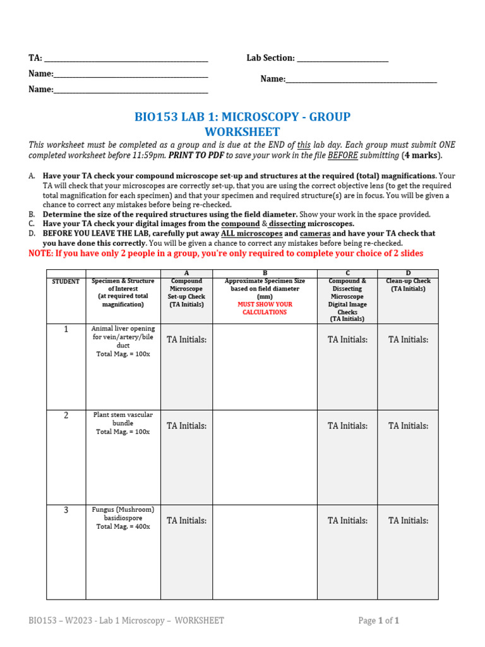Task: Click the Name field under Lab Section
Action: (x=361, y=80)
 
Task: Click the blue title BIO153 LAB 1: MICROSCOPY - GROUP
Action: (x=242, y=117)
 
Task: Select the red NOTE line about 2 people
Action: (x=226, y=253)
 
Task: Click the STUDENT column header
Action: (x=66, y=281)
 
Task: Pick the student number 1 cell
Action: (x=66, y=329)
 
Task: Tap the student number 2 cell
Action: (x=66, y=416)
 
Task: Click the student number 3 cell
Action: (x=66, y=511)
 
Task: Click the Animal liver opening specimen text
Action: (x=123, y=337)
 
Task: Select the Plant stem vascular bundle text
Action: (x=123, y=419)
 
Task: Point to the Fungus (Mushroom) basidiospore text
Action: (x=123, y=514)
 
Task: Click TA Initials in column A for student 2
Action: (x=186, y=426)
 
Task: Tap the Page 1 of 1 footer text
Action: (x=378, y=621)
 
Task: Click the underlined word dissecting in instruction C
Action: (x=287, y=224)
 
